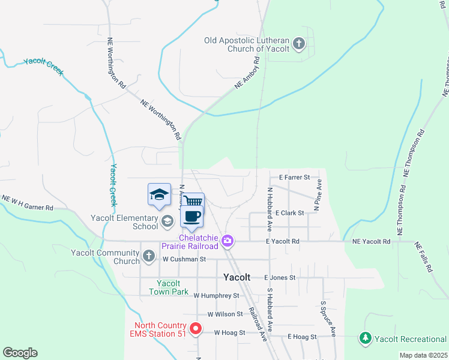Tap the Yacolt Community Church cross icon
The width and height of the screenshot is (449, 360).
point(149,257)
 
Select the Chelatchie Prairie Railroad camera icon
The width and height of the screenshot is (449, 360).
point(228,242)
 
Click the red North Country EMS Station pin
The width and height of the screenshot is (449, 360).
point(195,329)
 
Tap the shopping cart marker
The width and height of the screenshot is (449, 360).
point(193,202)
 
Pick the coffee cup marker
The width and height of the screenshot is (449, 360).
point(191,217)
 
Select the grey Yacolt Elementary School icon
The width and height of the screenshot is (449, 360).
point(167,222)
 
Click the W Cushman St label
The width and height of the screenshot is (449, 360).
point(184,259)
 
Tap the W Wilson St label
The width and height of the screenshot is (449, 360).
point(225,314)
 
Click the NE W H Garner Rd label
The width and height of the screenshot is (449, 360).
point(27,203)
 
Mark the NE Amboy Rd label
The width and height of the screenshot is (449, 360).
point(247,74)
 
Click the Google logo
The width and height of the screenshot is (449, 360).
point(20,353)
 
